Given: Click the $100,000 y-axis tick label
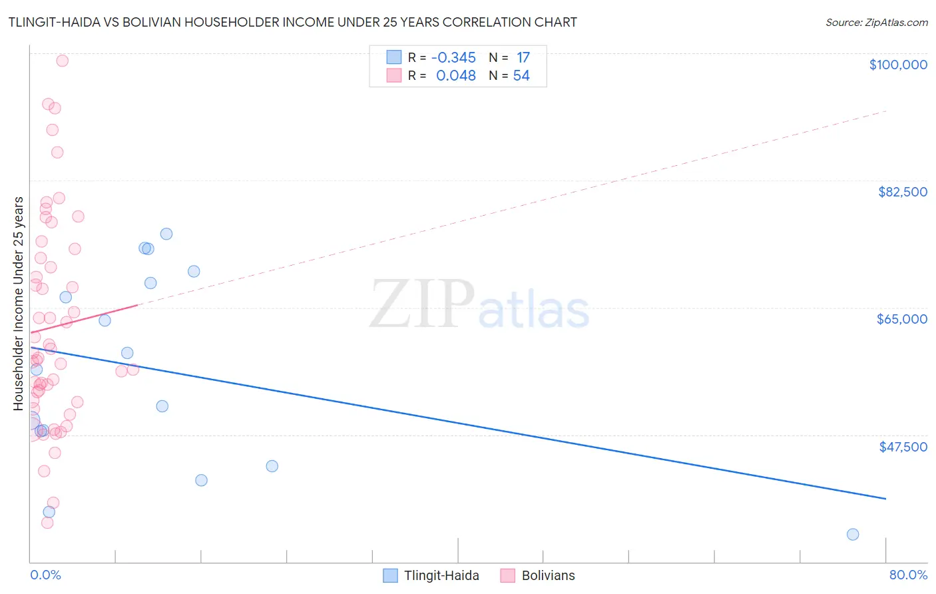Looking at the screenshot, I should pyautogui.click(x=897, y=65).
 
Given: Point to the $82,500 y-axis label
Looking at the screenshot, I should pyautogui.click(x=902, y=192).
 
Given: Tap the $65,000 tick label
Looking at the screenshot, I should pyautogui.click(x=901, y=319).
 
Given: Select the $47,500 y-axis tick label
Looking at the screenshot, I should pyautogui.click(x=903, y=447).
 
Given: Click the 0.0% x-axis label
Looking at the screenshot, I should pyautogui.click(x=45, y=575).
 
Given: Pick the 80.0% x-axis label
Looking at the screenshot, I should pyautogui.click(x=908, y=575).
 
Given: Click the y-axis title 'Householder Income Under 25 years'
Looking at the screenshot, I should pyautogui.click(x=18, y=304).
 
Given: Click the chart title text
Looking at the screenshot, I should pyautogui.click(x=293, y=22).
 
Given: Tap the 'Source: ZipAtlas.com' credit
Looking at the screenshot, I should pyautogui.click(x=876, y=22).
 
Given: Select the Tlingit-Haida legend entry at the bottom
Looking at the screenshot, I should pyautogui.click(x=431, y=575).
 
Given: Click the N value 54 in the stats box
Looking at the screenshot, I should pyautogui.click(x=521, y=76).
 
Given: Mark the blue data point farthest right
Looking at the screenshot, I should pyautogui.click(x=853, y=534).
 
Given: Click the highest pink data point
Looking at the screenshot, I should pyautogui.click(x=62, y=61).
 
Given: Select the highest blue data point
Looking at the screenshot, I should pyautogui.click(x=166, y=234).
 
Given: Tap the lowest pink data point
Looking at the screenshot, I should pyautogui.click(x=47, y=523).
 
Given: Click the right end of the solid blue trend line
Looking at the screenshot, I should pyautogui.click(x=885, y=498).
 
